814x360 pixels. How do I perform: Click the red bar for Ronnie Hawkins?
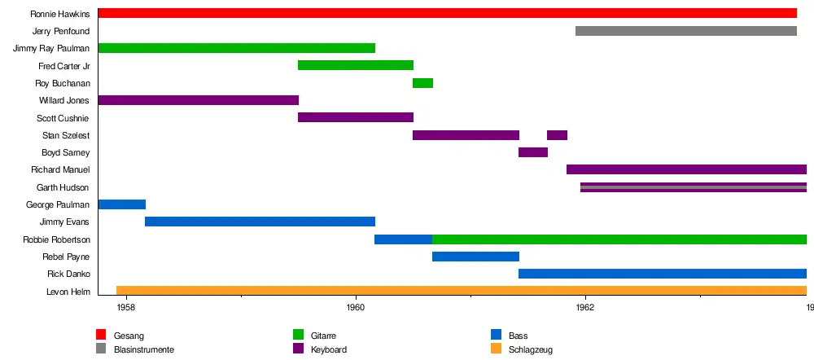[447, 13]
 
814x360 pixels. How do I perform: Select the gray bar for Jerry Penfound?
[685, 31]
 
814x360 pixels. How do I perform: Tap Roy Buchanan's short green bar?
[422, 83]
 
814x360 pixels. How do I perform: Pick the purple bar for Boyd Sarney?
[532, 152]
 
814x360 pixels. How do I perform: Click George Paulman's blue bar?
[121, 204]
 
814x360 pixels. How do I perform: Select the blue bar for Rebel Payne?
[475, 257]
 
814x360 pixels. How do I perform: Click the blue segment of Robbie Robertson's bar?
[403, 239]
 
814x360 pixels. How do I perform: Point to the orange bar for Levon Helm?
[461, 291]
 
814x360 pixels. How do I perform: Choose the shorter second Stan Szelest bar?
[557, 135]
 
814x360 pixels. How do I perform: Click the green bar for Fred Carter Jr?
[356, 65]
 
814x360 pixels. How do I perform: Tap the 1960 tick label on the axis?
[355, 307]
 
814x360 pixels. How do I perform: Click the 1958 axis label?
[125, 307]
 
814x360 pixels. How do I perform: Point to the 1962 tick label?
[584, 307]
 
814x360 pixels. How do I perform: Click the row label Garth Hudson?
[63, 187]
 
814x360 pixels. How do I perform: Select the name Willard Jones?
[64, 100]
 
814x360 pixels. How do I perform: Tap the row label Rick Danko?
[68, 274]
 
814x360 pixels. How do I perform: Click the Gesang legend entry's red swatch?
[101, 335]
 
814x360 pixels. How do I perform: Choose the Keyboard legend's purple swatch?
[298, 349]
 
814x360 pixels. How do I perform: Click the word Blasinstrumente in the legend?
[144, 349]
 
